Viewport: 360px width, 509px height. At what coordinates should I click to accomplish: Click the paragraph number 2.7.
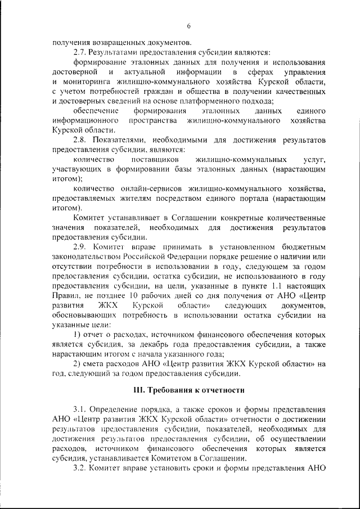(x=80, y=52)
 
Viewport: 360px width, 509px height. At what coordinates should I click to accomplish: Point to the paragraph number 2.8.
(x=80, y=140)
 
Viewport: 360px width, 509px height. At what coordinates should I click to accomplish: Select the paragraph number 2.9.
(x=80, y=247)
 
